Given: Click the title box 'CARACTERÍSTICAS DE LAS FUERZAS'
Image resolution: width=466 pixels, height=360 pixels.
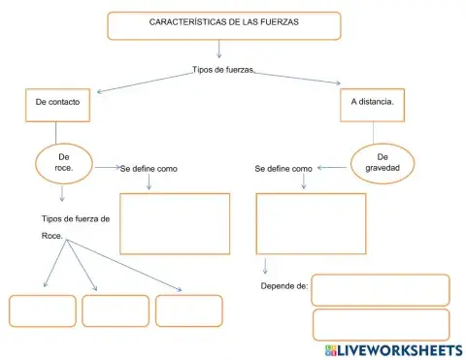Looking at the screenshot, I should tap(224, 25).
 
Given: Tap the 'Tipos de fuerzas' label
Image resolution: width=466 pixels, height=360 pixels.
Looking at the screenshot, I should tap(223, 70).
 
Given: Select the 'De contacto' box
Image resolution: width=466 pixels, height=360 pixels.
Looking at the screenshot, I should tap(56, 102).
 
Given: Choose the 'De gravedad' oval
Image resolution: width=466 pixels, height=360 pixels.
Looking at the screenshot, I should tap(383, 162).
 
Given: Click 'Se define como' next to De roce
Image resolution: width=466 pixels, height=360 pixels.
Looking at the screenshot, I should tap(150, 168).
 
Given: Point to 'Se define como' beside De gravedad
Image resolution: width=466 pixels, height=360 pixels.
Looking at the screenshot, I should tap(283, 168).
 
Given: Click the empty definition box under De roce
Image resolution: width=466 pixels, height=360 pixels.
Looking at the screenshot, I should tap(175, 223).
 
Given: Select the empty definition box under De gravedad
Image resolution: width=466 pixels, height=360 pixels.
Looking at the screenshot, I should tap(311, 223).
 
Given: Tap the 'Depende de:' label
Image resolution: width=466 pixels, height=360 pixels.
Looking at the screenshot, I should tap(284, 286).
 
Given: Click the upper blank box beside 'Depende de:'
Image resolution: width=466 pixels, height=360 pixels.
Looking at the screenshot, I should tap(381, 290).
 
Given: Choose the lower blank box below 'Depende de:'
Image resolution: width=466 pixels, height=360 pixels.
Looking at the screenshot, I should tap(381, 323).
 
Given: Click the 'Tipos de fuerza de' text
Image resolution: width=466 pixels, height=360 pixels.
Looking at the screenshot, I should tap(76, 218).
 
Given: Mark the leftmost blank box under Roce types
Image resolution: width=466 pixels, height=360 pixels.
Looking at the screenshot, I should tap(43, 311).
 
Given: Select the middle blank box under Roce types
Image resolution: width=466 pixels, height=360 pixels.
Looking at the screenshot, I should tap(116, 311).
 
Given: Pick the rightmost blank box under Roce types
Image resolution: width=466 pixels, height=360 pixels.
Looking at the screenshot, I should tap(188, 311).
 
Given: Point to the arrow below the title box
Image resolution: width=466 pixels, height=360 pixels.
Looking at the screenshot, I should tap(220, 49).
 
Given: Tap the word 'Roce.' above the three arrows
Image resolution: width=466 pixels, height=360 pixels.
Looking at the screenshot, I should tap(52, 236).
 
